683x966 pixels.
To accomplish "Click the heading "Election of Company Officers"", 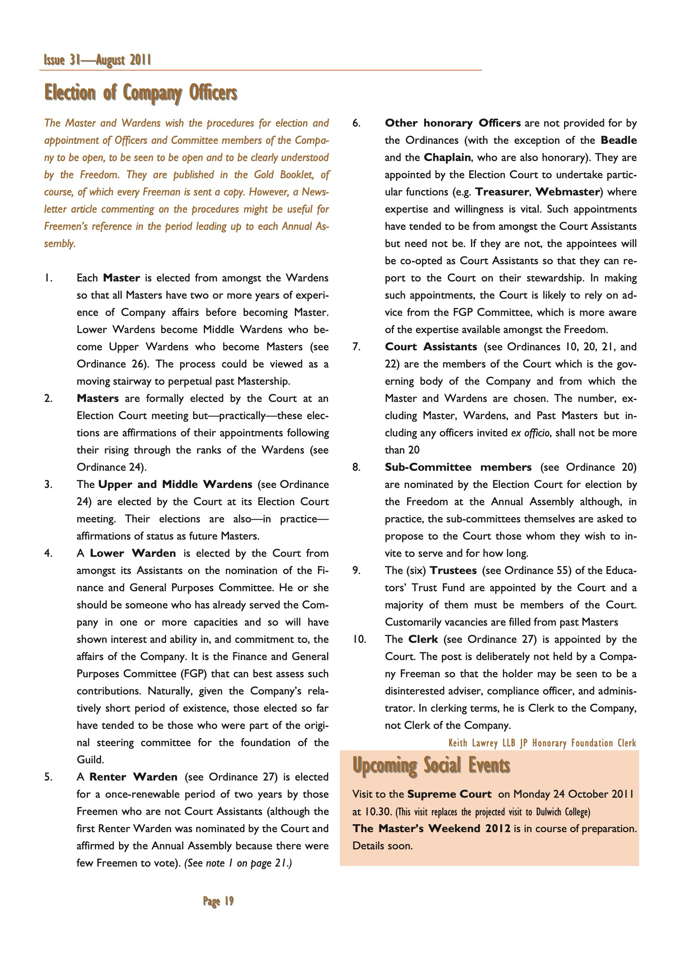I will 141,93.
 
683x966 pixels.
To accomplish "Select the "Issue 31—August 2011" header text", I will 97,60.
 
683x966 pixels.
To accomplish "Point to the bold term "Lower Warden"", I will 133,553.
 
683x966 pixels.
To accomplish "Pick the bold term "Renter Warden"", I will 133,777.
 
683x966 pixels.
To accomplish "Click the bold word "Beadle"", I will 619,140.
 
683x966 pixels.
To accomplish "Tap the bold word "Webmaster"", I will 567,192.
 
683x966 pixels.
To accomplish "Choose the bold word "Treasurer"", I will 502,192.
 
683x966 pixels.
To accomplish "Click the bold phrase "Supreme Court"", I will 449,794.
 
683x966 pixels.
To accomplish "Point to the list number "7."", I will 356,347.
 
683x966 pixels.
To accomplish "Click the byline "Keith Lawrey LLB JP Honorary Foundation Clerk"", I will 542,743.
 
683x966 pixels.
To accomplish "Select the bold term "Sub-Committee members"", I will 458,467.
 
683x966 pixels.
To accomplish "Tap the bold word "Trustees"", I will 453,571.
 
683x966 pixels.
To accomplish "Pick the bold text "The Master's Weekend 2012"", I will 431,828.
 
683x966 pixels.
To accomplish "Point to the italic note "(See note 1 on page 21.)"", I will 238,864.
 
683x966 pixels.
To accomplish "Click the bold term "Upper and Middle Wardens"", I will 175,485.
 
